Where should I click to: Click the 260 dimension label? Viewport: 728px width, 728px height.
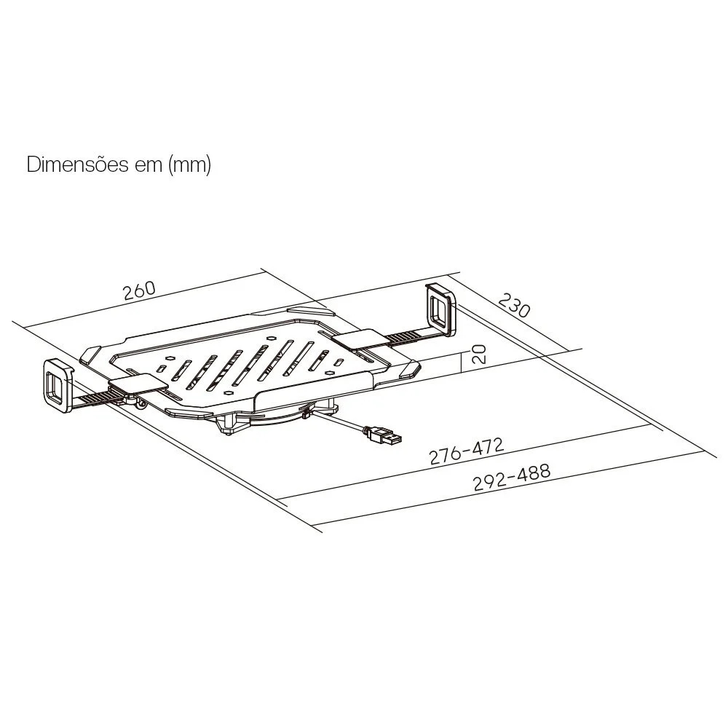[139, 290]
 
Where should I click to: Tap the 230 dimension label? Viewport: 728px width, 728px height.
[514, 304]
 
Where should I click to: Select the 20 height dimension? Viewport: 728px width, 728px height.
[479, 354]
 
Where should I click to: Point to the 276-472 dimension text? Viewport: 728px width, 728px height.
[466, 451]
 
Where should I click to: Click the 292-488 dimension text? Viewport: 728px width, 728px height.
[512, 477]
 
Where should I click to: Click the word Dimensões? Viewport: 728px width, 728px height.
[78, 165]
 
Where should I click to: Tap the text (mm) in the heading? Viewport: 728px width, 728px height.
[189, 165]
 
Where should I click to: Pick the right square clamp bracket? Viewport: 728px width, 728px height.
[441, 308]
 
